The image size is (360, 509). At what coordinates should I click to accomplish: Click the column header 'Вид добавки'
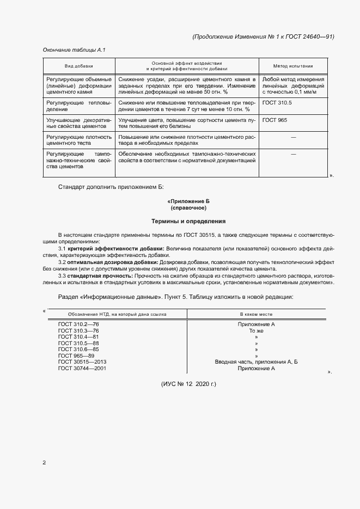[78, 66]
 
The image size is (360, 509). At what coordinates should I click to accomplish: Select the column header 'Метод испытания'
[293, 66]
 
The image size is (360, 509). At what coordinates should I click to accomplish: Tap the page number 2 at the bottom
[44, 463]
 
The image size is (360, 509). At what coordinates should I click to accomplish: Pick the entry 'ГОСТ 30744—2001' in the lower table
[82, 369]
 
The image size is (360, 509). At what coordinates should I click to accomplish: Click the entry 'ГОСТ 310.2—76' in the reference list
[78, 324]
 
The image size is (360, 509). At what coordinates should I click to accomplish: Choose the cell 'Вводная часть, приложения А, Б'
[256, 362]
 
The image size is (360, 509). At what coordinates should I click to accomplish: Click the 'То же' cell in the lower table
[256, 331]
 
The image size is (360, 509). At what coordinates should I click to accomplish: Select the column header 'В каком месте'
[256, 314]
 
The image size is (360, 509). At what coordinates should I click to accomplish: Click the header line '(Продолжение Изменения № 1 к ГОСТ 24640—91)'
[263, 36]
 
